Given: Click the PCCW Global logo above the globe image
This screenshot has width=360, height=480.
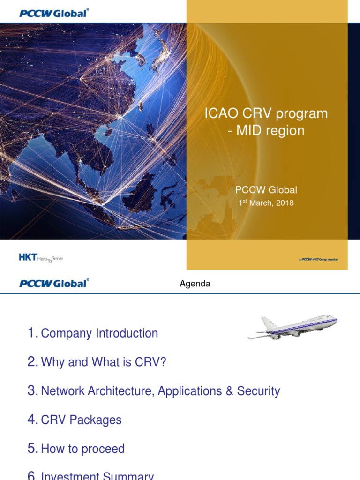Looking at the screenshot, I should pyautogui.click(x=54, y=13).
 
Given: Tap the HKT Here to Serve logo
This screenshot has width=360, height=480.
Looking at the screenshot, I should pyautogui.click(x=40, y=257).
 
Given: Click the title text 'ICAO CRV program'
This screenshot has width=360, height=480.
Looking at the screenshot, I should pyautogui.click(x=266, y=113).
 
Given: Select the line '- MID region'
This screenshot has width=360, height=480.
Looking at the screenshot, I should pyautogui.click(x=266, y=130).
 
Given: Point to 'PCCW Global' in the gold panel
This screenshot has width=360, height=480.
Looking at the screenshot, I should pyautogui.click(x=266, y=190).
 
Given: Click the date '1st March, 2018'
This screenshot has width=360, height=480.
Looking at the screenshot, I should pyautogui.click(x=266, y=203).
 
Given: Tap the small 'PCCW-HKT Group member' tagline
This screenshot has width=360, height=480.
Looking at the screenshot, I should pyautogui.click(x=319, y=259).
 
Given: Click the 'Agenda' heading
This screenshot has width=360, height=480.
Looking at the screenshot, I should pyautogui.click(x=195, y=284).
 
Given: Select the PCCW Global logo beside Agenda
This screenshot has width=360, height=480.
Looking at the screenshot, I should pyautogui.click(x=54, y=283).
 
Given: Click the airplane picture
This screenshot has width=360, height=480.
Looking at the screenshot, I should pyautogui.click(x=292, y=327).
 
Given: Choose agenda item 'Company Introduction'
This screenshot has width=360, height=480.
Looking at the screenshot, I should pyautogui.click(x=99, y=333).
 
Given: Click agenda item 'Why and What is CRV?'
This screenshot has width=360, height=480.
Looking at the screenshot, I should pyautogui.click(x=104, y=362).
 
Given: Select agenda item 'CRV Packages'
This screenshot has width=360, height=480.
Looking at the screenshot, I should pyautogui.click(x=81, y=420).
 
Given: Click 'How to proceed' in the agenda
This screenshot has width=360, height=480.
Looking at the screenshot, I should pyautogui.click(x=83, y=449).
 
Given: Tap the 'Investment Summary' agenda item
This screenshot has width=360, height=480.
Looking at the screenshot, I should pyautogui.click(x=97, y=476).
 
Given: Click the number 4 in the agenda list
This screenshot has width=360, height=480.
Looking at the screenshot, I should pyautogui.click(x=32, y=420).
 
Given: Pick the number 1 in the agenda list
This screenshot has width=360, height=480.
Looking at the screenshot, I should pyautogui.click(x=32, y=333).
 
